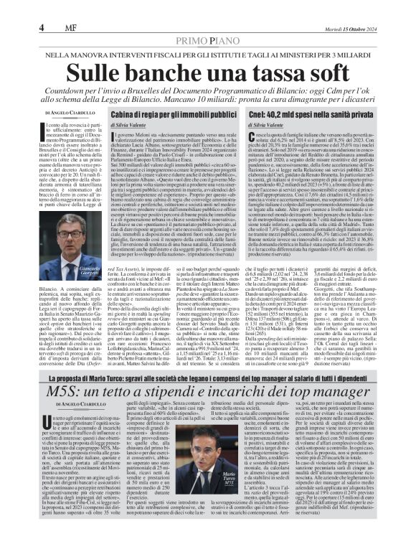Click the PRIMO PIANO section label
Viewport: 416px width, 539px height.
pos(207,42)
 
